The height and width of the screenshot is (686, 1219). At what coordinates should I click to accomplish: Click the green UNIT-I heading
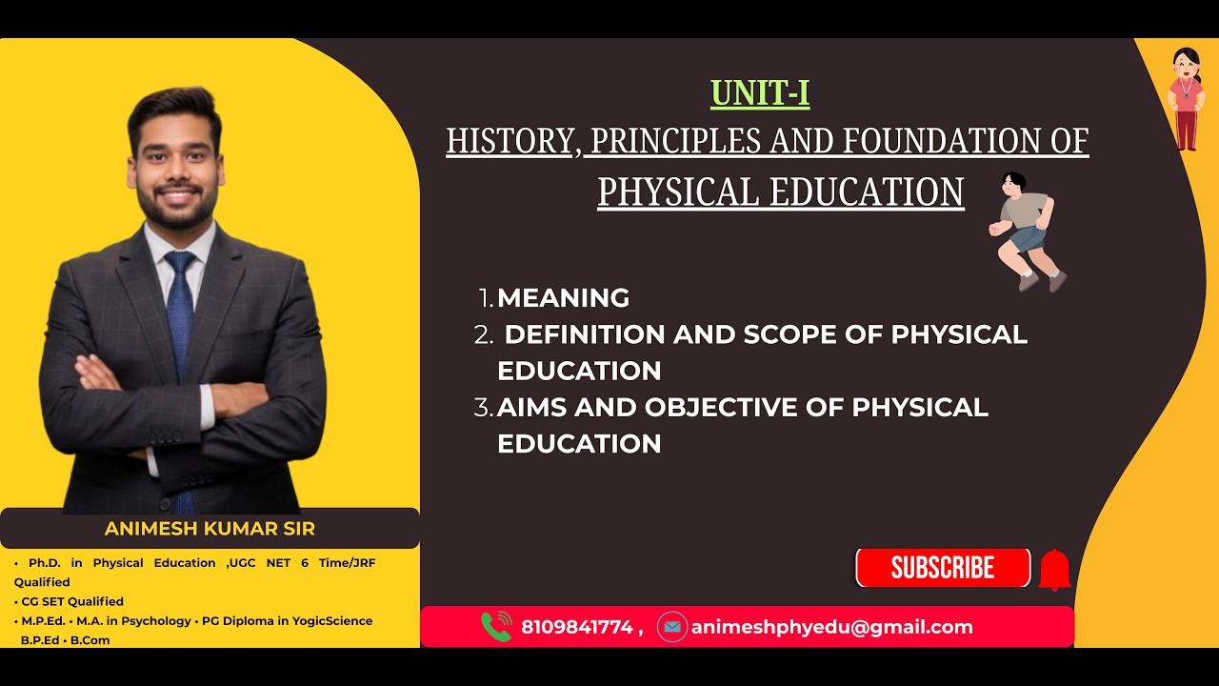coord(760,93)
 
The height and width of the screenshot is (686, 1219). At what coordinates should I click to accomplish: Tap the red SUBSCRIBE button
coord(943,568)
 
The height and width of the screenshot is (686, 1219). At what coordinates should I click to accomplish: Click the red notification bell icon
coord(1054,570)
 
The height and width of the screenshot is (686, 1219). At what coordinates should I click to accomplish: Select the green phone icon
coord(496,627)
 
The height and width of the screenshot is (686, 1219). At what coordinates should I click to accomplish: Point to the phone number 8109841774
coord(577,627)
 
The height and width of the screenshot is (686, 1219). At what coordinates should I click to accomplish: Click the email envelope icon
coord(672,627)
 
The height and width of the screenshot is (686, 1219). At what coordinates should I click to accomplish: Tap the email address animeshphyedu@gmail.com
coord(831,627)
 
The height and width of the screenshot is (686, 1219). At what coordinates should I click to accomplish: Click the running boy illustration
coord(1027,232)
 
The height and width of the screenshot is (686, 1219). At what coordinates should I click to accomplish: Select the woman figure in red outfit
coord(1186,99)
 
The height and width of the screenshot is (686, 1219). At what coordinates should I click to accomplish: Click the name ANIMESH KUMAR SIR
coord(210,529)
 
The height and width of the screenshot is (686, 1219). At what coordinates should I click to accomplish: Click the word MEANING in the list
coord(563,298)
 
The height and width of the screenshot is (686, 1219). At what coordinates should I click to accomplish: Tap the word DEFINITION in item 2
coord(584,334)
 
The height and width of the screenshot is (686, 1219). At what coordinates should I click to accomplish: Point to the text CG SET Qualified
coord(72,601)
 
